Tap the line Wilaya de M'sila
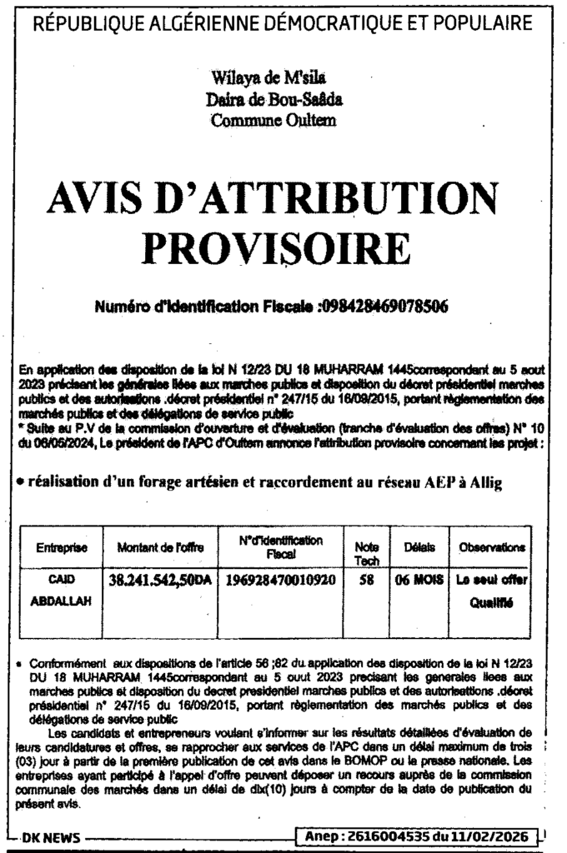258,81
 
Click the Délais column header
419,547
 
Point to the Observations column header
491,548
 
